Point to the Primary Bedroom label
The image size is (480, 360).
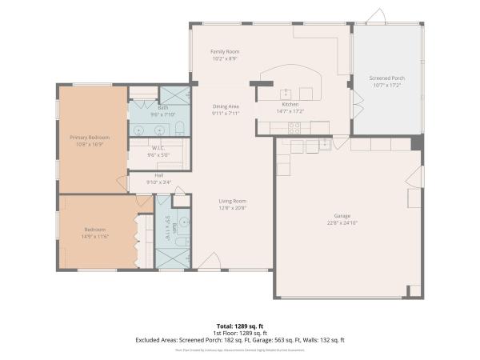pos(90,138)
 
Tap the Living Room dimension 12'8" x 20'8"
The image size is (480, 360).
pos(234,208)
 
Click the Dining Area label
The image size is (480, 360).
pos(226,106)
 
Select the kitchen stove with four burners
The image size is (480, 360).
pos(294,126)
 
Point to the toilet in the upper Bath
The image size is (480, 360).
pos(180,128)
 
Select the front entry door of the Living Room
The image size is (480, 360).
pos(210,262)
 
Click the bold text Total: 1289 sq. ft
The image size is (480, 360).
pos(240,326)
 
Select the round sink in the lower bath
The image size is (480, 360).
pos(184,222)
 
